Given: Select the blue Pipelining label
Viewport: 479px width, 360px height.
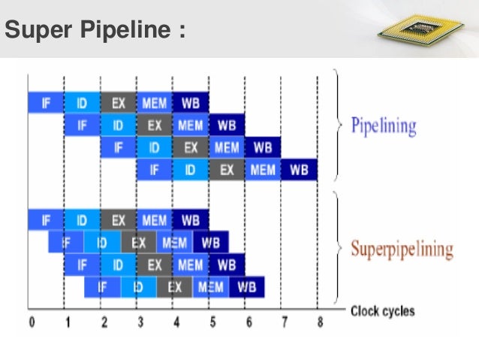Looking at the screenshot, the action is point(383,126).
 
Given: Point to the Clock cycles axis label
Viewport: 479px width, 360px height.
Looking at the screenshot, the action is point(382,310).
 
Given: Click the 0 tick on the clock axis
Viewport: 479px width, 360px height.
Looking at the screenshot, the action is point(32,322).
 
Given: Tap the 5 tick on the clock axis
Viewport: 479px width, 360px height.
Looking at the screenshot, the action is point(212,322).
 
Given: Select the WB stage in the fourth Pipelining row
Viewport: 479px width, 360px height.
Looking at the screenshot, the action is point(300,171).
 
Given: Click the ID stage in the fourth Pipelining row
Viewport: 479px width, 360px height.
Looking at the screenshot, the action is point(191,171).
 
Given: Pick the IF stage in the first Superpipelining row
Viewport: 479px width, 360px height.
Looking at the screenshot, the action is point(46,219).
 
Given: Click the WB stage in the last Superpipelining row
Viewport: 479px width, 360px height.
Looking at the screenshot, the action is point(246,287).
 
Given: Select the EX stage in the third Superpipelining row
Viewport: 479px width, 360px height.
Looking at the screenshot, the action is point(155,265).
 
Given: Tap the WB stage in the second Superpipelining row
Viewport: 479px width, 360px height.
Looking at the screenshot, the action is point(211,242).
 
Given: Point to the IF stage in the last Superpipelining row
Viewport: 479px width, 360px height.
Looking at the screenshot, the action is point(102,287).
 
